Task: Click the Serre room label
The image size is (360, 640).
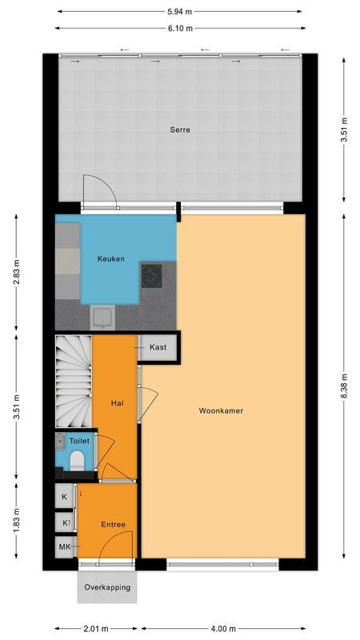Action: coord(178,130)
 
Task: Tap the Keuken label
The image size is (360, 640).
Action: coord(110,258)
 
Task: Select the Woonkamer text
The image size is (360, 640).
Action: coord(221,410)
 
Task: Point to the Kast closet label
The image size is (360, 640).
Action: coord(158,348)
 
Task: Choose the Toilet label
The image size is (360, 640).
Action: coord(78,441)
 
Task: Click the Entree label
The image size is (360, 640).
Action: coord(113,524)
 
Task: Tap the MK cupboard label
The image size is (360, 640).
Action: coord(65,547)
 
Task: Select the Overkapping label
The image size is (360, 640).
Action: coord(107,587)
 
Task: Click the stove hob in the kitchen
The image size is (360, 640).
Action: coord(152,276)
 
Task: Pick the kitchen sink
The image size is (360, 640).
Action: coord(102,318)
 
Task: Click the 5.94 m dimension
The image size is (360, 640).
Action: coord(179,12)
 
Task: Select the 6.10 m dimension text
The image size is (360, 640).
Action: coord(179,28)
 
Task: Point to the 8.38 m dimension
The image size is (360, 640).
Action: coord(344,378)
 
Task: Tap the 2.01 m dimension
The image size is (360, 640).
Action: coord(98,628)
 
